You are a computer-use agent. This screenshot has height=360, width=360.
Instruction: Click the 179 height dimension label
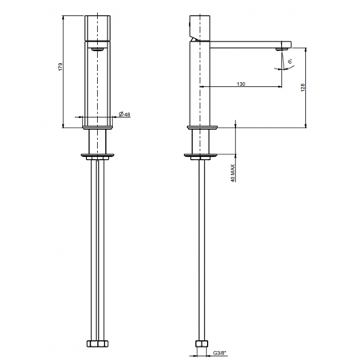pos(61,70)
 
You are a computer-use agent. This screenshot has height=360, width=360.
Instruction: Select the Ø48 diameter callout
pos(125,116)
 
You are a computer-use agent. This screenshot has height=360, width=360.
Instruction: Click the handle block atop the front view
pos(97,27)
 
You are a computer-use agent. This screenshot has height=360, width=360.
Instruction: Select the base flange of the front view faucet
pos(97,126)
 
